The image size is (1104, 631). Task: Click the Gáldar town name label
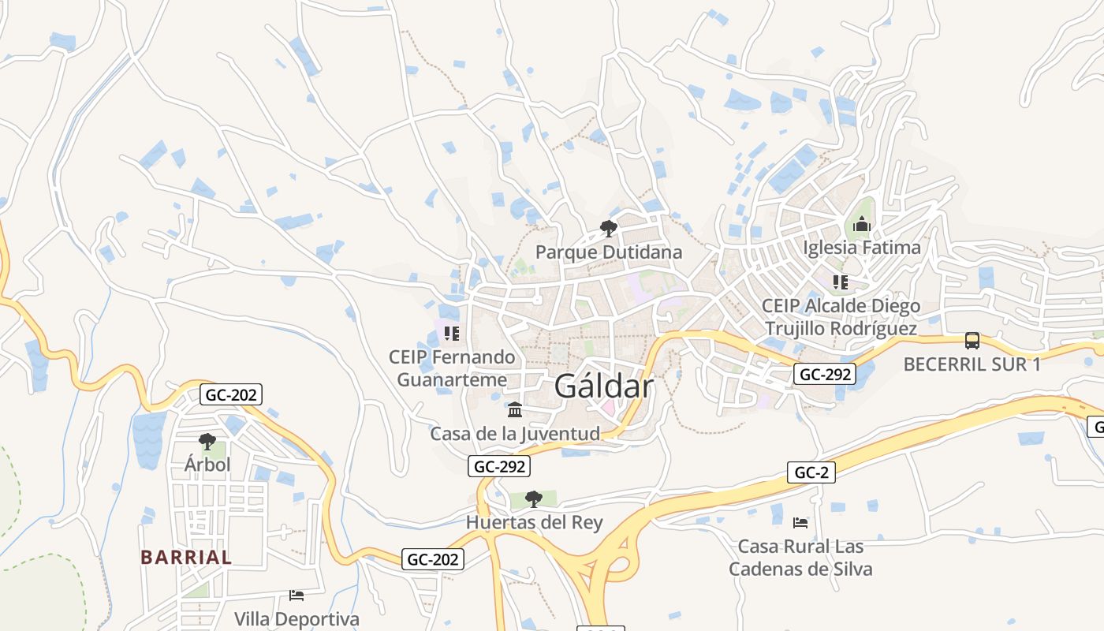(x=604, y=386)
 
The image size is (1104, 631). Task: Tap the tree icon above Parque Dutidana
(x=608, y=230)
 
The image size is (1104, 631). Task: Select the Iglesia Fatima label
(x=861, y=248)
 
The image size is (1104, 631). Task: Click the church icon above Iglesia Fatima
(x=861, y=226)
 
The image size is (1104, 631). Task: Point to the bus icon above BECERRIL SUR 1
(x=972, y=341)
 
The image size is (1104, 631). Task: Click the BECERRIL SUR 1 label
(x=972, y=364)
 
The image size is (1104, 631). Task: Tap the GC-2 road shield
(x=811, y=472)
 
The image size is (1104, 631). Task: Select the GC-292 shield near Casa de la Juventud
(x=499, y=466)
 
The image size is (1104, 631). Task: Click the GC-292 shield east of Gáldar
(x=824, y=375)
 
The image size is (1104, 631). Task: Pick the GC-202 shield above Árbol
(x=230, y=394)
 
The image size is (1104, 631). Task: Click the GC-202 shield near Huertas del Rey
(x=433, y=559)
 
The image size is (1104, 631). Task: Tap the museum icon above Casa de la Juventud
(x=515, y=410)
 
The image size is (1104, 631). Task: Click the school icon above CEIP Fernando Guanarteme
(x=451, y=334)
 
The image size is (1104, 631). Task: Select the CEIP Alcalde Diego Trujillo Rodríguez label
(x=841, y=317)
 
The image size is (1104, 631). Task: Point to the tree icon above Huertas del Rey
(x=534, y=498)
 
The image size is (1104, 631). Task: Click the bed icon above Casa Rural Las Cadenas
(x=800, y=522)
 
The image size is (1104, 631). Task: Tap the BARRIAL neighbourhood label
(x=186, y=557)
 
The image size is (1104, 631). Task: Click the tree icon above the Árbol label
(x=207, y=442)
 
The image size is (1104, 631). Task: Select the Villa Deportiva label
(x=297, y=619)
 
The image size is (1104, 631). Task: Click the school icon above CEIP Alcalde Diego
(x=841, y=282)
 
